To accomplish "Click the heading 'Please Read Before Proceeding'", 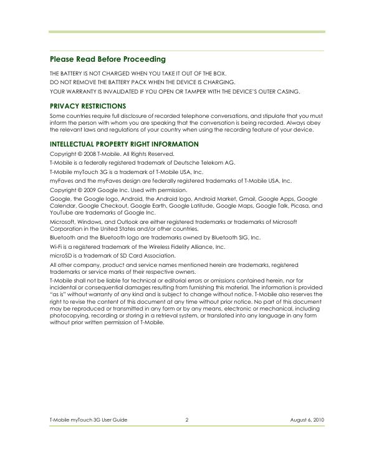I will pyautogui.click(x=108, y=59).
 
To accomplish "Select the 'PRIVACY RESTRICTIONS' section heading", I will pyautogui.click(x=88, y=106).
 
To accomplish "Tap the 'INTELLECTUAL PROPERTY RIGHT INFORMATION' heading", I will pyautogui.click(x=124, y=144).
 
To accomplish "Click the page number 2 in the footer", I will pyautogui.click(x=186, y=420).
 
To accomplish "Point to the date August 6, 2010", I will pyautogui.click(x=307, y=420).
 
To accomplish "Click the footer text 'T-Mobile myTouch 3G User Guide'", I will pyautogui.click(x=89, y=420).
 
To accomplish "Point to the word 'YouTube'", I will pyautogui.click(x=60, y=212).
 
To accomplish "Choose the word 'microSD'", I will pyautogui.click(x=60, y=256).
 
